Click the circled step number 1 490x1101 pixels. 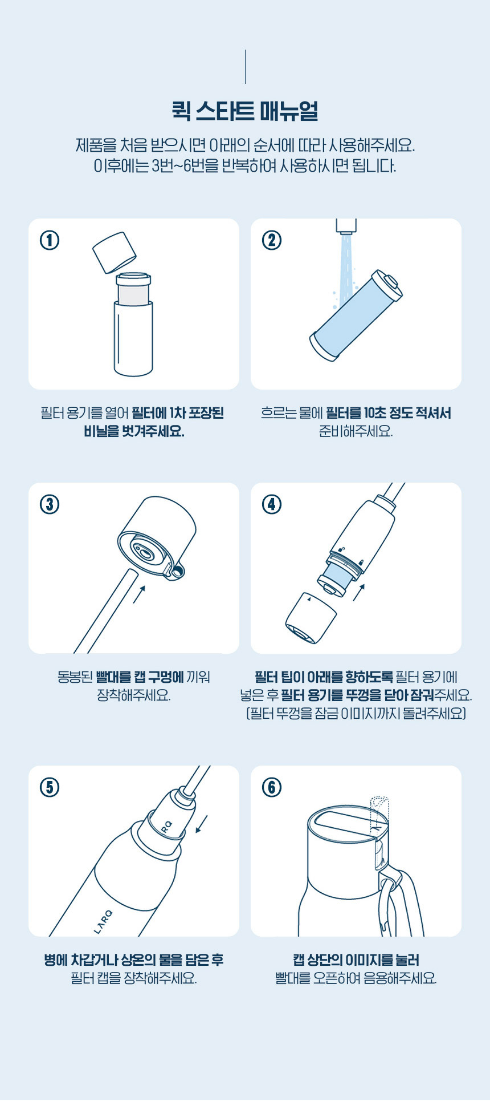click(x=50, y=240)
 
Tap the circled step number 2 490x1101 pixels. click(x=272, y=240)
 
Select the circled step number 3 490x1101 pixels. click(x=50, y=504)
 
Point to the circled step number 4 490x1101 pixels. click(x=272, y=504)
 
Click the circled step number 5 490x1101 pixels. click(x=50, y=787)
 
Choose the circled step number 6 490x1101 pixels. click(x=272, y=787)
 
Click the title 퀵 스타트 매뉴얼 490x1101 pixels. click(x=245, y=111)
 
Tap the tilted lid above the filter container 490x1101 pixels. click(x=115, y=252)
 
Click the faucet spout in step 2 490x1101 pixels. click(x=346, y=226)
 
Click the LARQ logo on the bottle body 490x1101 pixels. click(x=103, y=922)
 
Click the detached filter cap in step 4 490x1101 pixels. click(x=311, y=618)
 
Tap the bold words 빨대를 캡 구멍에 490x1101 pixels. click(x=140, y=677)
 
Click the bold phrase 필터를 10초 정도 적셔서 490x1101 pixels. click(x=389, y=413)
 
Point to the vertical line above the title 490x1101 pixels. click(x=245, y=67)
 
